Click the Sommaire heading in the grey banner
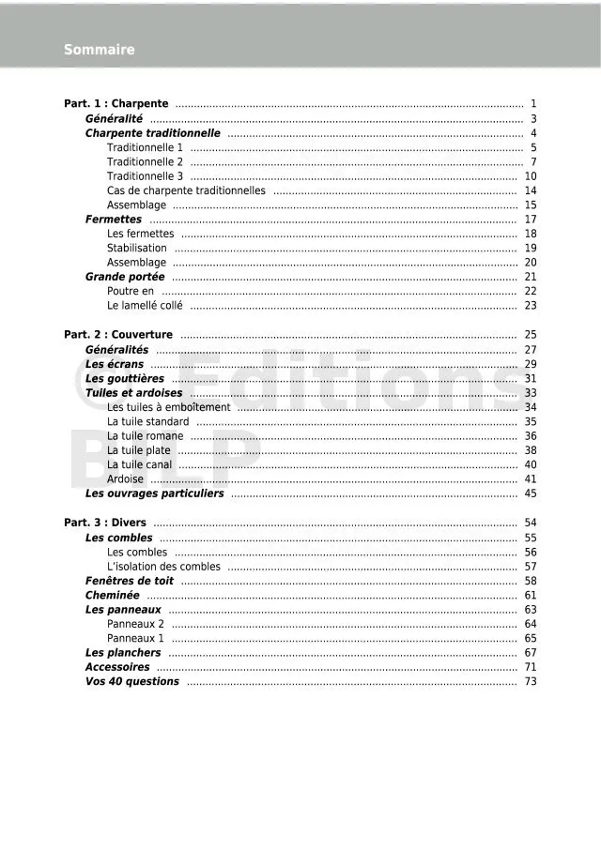[99, 50]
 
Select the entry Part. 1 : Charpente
[116, 104]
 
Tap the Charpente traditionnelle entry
[153, 133]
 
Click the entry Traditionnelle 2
[145, 162]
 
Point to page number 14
[531, 190]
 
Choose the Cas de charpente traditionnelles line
[186, 190]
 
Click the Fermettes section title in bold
[114, 220]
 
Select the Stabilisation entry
[137, 249]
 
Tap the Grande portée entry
[125, 277]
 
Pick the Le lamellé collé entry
[145, 306]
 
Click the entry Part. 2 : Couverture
[118, 335]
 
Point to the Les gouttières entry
[125, 379]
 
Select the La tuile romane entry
[146, 436]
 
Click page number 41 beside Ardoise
[531, 479]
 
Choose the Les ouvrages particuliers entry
[155, 493]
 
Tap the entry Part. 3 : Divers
[105, 523]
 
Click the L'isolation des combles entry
[164, 567]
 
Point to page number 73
[531, 682]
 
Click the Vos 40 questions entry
[132, 682]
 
